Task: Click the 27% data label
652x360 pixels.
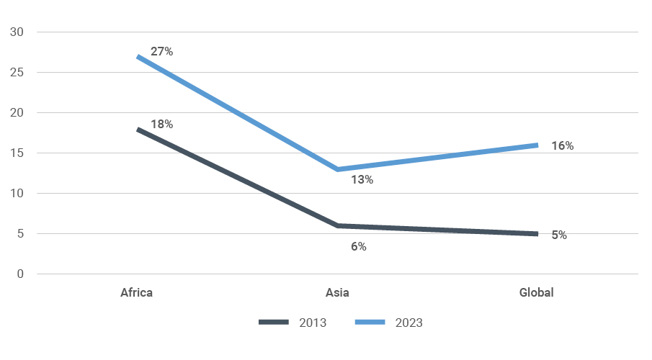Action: [161, 52]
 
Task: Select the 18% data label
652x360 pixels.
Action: [161, 124]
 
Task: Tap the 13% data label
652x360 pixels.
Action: [362, 180]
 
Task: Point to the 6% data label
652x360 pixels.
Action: [359, 246]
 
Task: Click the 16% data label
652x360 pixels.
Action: [562, 146]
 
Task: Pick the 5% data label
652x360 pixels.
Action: [559, 235]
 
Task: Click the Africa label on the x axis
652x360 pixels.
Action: [137, 292]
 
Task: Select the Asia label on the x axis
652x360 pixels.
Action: [337, 292]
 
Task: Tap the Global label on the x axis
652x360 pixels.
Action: [537, 292]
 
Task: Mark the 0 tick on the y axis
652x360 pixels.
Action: [20, 274]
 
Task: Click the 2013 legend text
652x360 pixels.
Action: [313, 323]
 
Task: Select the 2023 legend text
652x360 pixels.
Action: [408, 323]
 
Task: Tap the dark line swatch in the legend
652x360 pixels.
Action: [274, 323]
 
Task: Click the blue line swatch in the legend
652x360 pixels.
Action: [370, 323]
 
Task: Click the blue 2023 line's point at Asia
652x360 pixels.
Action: [337, 169]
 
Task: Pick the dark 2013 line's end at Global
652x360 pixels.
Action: [537, 234]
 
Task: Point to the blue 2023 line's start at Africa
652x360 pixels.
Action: [138, 56]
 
